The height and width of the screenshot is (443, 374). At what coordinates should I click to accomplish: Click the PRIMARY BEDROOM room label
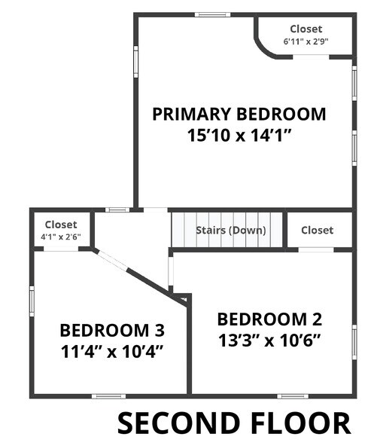point(239,115)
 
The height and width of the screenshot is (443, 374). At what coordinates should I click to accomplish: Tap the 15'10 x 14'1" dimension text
point(239,136)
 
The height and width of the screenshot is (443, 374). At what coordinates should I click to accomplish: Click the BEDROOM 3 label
point(112,330)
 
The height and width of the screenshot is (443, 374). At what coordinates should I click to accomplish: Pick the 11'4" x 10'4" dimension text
point(112,351)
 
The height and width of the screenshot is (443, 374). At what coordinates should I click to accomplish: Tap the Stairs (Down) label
point(229,230)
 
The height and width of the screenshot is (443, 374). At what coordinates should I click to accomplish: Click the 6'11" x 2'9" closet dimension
point(305,42)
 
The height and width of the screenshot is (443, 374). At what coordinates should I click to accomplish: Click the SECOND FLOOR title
point(234,422)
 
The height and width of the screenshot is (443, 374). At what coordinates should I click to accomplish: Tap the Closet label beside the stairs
point(317,230)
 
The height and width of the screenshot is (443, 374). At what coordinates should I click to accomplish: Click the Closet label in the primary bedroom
point(306,29)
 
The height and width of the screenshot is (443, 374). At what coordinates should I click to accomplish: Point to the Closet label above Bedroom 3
point(61,225)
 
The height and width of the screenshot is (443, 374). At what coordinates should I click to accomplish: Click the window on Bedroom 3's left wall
point(32,298)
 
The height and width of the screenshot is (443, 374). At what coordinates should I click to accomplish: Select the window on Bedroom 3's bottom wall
point(108,396)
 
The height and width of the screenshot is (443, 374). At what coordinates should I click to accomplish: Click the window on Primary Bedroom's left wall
point(136,62)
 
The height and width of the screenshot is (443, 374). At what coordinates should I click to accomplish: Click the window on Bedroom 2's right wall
point(354,339)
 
